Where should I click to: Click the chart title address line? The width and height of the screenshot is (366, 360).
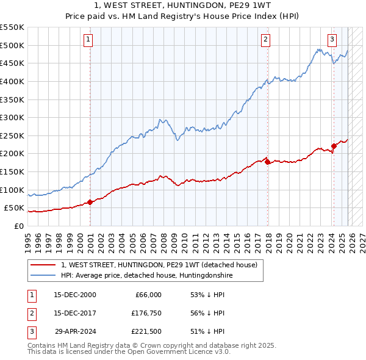pos(182,5)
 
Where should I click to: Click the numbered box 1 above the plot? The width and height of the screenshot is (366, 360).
pos(88,40)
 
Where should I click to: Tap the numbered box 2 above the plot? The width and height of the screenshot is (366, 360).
pos(266,40)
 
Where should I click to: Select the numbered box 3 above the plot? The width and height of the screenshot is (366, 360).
pos(332,40)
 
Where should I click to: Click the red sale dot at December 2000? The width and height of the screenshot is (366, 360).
pos(90,202)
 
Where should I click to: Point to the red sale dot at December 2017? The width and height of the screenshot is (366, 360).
pos(268,162)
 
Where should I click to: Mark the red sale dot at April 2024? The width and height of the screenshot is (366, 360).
pos(334,146)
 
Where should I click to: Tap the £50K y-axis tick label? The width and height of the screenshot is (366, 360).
pos(15,208)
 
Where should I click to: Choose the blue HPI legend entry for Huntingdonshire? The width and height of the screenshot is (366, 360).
pos(146,276)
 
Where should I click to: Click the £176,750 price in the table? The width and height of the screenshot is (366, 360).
pos(146,314)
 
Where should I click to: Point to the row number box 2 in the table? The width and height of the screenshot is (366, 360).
pos(30,314)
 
